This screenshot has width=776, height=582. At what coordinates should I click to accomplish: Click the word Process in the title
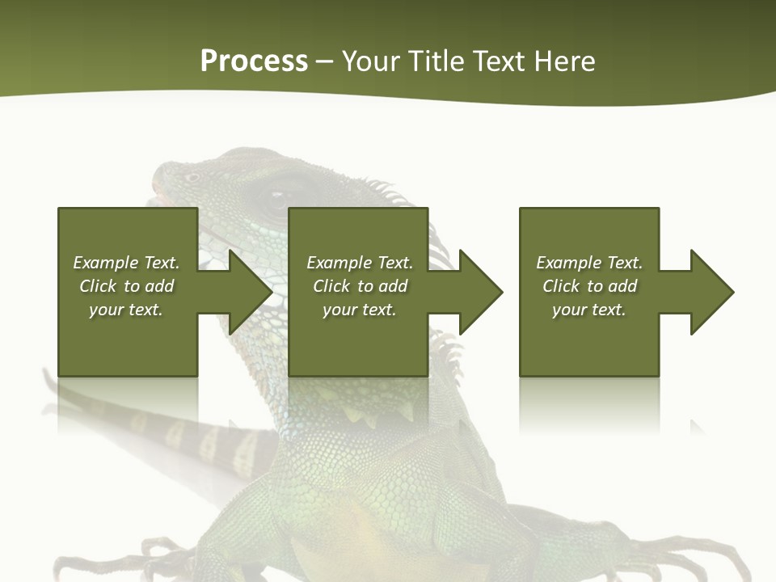(254, 61)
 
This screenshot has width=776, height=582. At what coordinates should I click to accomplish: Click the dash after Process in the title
(325, 62)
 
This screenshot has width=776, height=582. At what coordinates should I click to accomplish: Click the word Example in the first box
(105, 263)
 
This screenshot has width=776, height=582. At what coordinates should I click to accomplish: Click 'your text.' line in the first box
(126, 310)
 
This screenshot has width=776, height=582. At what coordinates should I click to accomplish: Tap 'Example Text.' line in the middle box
(360, 263)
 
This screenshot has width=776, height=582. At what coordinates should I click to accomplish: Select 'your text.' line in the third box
(589, 310)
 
